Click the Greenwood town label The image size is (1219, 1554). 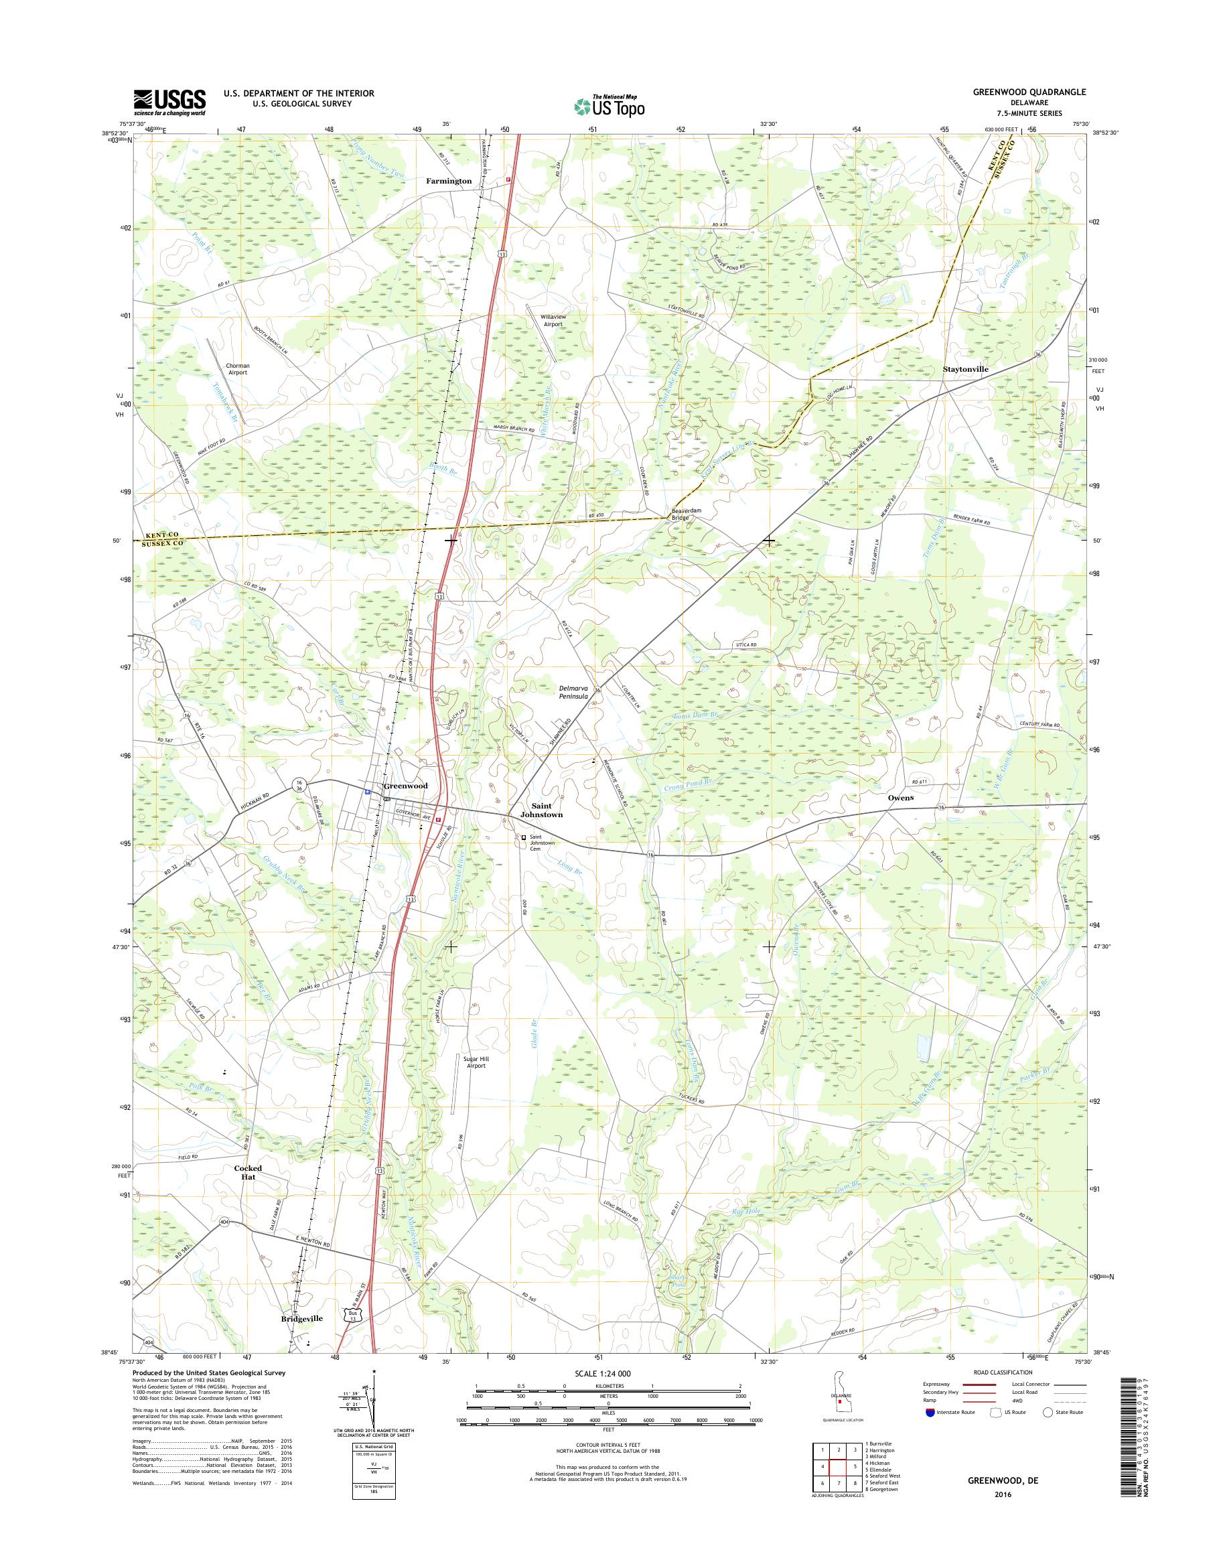point(405,786)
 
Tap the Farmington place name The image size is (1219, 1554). point(449,182)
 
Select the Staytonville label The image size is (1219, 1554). point(966,369)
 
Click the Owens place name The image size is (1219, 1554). point(900,797)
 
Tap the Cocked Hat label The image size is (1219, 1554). point(248,1172)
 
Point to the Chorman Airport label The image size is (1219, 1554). point(238,369)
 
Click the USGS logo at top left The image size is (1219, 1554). point(170,102)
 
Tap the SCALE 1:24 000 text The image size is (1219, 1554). point(603,1372)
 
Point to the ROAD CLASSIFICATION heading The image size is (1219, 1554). point(1003,1372)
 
